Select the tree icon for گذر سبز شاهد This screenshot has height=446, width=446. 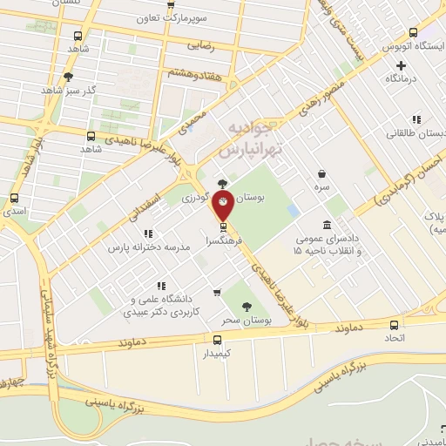[x=69, y=77]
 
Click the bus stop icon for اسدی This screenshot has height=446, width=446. [x=14, y=198]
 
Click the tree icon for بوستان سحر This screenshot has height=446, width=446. [x=247, y=306]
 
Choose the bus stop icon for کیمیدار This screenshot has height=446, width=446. [x=218, y=340]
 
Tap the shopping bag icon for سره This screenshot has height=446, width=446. [x=322, y=173]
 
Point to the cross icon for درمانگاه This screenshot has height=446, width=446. [x=401, y=65]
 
